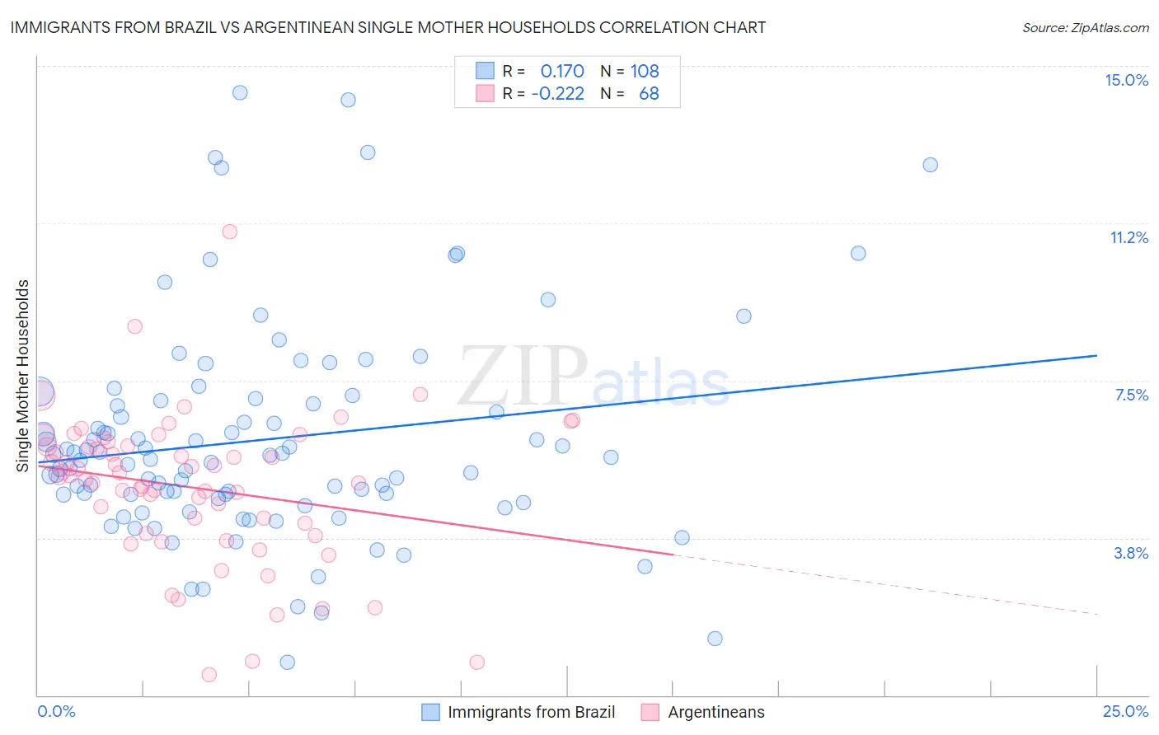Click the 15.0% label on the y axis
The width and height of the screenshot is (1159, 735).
click(1126, 80)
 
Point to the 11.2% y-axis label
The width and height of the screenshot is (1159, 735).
click(1128, 237)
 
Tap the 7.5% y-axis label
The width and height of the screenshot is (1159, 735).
click(1131, 395)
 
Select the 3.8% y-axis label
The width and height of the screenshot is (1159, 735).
click(1131, 553)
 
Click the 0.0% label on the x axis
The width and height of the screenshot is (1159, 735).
click(56, 711)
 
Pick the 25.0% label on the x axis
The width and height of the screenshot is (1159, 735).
click(1125, 711)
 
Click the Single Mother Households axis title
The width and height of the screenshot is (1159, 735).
click(23, 376)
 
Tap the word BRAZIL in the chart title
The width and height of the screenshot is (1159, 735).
click(185, 27)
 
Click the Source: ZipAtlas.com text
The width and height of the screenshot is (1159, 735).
click(1085, 27)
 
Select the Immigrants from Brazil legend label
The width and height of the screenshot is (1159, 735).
click(531, 712)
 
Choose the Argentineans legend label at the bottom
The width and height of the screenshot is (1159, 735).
click(716, 712)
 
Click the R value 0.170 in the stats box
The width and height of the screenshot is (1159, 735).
click(562, 71)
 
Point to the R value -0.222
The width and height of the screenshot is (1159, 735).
click(557, 93)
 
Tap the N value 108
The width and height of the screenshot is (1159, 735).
click(645, 71)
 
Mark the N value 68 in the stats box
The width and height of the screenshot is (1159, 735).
click(649, 93)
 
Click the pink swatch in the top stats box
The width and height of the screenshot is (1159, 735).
click(485, 93)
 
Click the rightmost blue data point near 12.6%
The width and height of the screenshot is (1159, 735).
click(930, 164)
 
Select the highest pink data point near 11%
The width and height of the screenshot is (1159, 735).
click(230, 232)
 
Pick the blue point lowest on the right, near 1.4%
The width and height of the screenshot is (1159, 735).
click(715, 639)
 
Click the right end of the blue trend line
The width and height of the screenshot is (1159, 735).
click(1096, 355)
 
